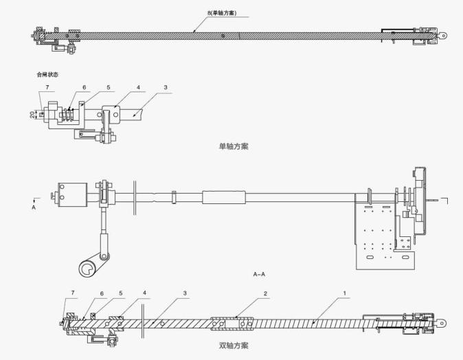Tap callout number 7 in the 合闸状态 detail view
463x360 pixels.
47,88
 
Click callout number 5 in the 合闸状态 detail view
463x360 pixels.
108,88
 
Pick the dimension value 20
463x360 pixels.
32,115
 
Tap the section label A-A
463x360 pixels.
259,273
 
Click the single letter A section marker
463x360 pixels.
34,205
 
